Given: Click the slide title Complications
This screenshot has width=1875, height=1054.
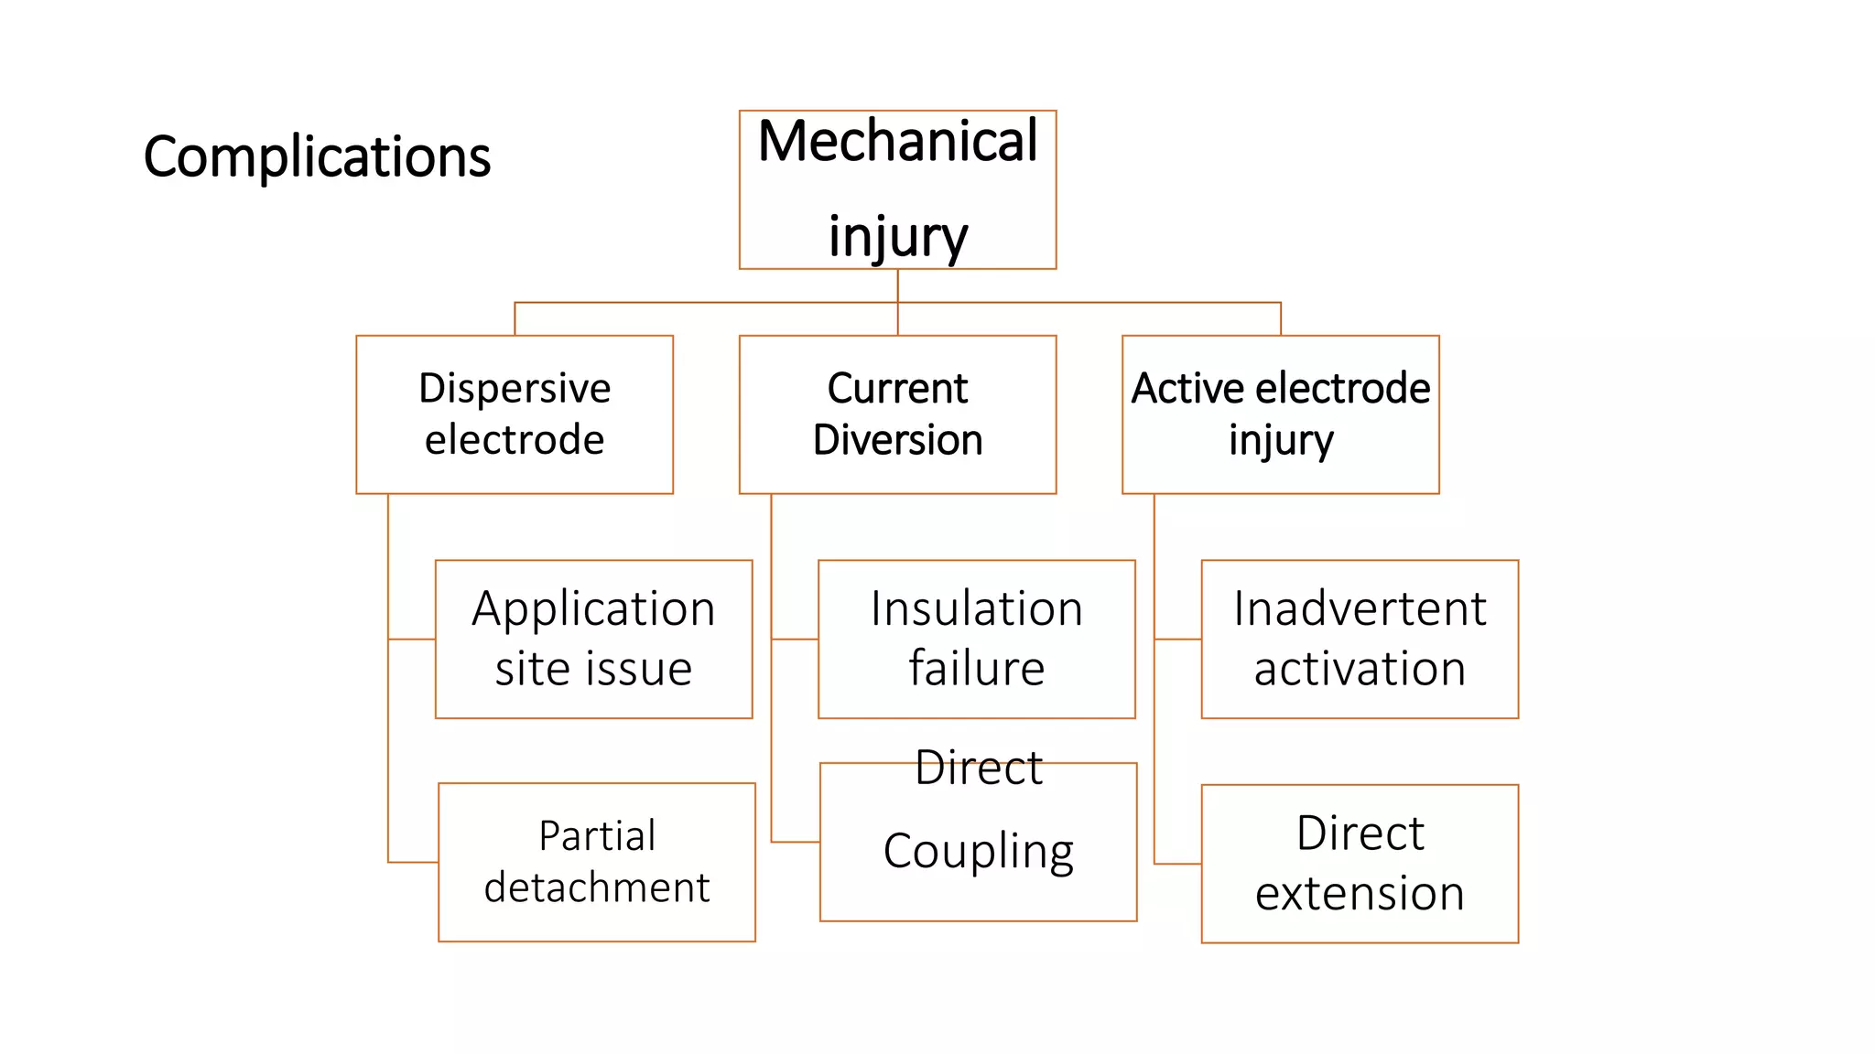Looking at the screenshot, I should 317,156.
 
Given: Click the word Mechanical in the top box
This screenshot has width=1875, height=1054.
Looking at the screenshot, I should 897,142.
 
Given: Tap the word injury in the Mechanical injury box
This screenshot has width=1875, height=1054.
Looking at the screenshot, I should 897,236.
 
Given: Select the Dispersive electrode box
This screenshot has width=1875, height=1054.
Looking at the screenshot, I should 515,414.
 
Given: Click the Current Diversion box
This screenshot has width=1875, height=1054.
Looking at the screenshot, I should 897,414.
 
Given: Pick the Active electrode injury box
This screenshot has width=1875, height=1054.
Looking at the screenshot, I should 1280,414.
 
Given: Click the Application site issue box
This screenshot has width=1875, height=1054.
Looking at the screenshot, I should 593,639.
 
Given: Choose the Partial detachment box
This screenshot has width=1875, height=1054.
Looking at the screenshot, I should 597,862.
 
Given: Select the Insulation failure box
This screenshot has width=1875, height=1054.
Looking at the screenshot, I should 976,639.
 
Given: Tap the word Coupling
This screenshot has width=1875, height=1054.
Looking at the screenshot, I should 978,851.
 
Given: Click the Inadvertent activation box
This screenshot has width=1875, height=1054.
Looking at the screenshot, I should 1360,639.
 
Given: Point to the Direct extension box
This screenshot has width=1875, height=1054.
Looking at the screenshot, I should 1360,863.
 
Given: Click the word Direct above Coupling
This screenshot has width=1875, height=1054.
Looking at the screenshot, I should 978,768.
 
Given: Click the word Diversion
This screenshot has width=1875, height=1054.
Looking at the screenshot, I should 897,440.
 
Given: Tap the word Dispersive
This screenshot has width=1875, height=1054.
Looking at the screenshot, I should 515,388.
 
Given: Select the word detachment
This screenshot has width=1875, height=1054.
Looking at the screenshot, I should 597,887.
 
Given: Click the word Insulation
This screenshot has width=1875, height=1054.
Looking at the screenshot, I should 976,608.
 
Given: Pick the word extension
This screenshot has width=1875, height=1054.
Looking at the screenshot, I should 1360,893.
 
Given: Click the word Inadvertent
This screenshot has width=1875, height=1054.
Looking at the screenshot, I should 1360,608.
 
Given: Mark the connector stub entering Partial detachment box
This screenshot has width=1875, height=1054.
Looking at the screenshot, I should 414,862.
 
